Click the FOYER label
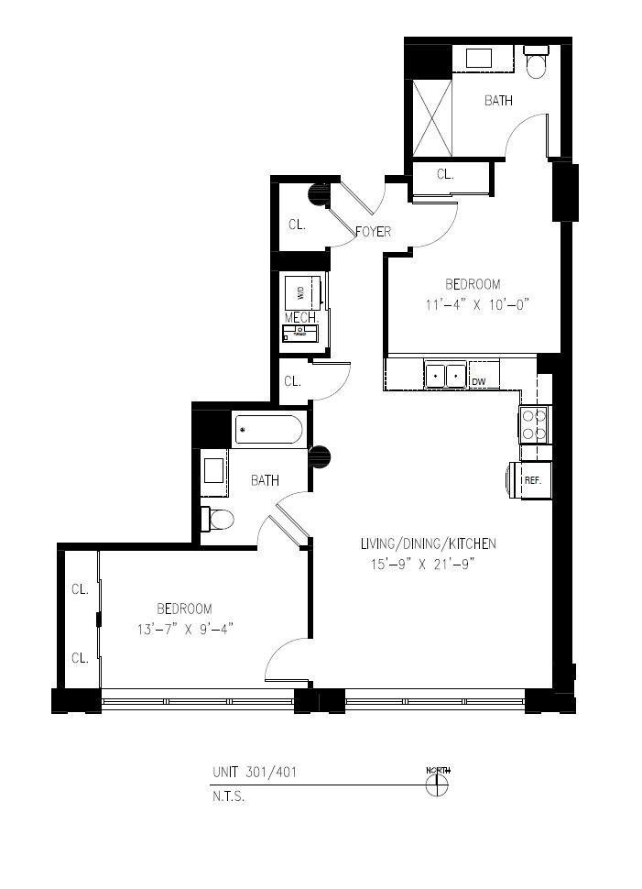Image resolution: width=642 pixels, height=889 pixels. click(x=373, y=232)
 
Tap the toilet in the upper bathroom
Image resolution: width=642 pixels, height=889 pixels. click(x=535, y=60)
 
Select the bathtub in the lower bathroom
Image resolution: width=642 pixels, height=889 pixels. click(x=268, y=430)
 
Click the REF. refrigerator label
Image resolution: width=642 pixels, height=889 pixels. click(x=531, y=480)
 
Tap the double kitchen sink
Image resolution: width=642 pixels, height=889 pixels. click(x=445, y=375)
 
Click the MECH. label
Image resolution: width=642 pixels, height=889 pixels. click(x=299, y=317)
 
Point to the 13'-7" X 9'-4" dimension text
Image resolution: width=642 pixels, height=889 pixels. click(x=184, y=629)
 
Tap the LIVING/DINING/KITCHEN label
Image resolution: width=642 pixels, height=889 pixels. click(x=428, y=544)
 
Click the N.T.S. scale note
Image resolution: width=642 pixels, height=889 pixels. click(x=229, y=796)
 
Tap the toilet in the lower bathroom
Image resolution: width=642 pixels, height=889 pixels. click(x=217, y=520)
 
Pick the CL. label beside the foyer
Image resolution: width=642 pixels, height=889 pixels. click(x=297, y=224)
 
